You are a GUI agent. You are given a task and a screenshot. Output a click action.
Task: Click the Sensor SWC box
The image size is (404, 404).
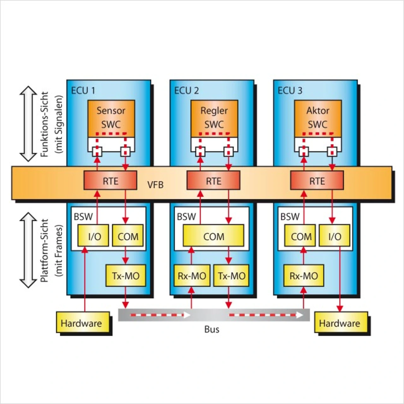(x=111, y=117)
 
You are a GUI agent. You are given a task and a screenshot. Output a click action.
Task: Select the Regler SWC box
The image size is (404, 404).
(x=214, y=117)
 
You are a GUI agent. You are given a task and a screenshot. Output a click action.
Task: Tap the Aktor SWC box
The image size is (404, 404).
(x=318, y=117)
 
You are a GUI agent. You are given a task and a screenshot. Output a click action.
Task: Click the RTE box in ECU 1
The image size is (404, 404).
(x=110, y=181)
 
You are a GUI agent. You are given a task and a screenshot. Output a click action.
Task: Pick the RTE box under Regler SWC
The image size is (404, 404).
(x=213, y=181)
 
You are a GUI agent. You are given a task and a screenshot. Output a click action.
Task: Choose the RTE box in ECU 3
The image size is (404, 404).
(x=317, y=181)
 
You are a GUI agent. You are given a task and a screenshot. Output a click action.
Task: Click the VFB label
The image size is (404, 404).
(x=155, y=185)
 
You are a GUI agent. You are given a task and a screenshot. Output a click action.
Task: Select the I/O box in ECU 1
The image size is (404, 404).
(x=94, y=236)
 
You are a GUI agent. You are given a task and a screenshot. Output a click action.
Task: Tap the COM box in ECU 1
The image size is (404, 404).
(x=128, y=236)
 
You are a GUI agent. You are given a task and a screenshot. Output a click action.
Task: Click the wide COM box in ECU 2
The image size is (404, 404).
(x=214, y=236)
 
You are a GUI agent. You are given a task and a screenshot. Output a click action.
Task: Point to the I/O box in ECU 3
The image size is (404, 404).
(x=335, y=236)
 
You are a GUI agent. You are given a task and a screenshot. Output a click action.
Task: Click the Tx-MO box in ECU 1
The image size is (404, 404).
(x=126, y=276)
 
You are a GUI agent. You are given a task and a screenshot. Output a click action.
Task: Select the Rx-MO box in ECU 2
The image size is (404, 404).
(x=192, y=276)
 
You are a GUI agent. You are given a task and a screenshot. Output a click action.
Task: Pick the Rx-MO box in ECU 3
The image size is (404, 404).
(x=304, y=276)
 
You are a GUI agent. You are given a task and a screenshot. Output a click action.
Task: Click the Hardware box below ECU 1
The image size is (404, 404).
(x=83, y=323)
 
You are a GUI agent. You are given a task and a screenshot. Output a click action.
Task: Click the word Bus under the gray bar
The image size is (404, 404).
(x=212, y=329)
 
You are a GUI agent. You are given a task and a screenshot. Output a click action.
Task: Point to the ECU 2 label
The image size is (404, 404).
(x=187, y=91)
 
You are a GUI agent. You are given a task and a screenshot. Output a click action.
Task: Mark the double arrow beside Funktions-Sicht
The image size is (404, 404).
(x=28, y=124)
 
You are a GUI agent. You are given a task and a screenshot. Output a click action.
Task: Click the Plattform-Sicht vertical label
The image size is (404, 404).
(x=45, y=250)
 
